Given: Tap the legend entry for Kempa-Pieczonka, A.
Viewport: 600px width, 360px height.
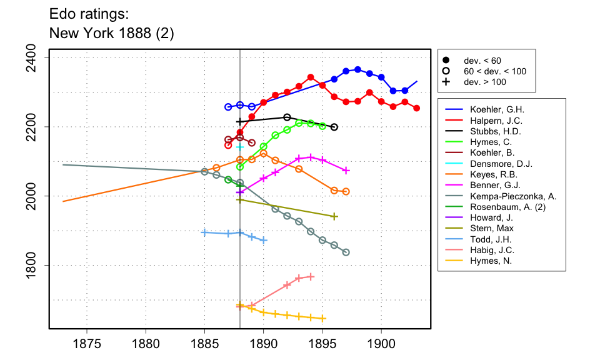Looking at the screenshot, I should click(x=513, y=196).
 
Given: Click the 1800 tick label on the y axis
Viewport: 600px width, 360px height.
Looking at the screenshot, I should click(x=34, y=266).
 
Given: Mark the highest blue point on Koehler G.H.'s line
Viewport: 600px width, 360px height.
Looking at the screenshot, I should click(x=357, y=69).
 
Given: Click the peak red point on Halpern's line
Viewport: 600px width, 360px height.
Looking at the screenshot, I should click(x=311, y=77).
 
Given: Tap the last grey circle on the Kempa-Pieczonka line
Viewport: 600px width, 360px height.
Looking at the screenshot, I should click(x=346, y=252).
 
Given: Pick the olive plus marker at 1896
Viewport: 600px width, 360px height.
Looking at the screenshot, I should click(x=334, y=216).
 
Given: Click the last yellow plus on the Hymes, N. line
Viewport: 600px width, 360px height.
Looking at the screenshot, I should click(x=322, y=318).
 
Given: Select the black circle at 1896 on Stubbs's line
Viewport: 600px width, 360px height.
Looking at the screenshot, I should click(x=334, y=127).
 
